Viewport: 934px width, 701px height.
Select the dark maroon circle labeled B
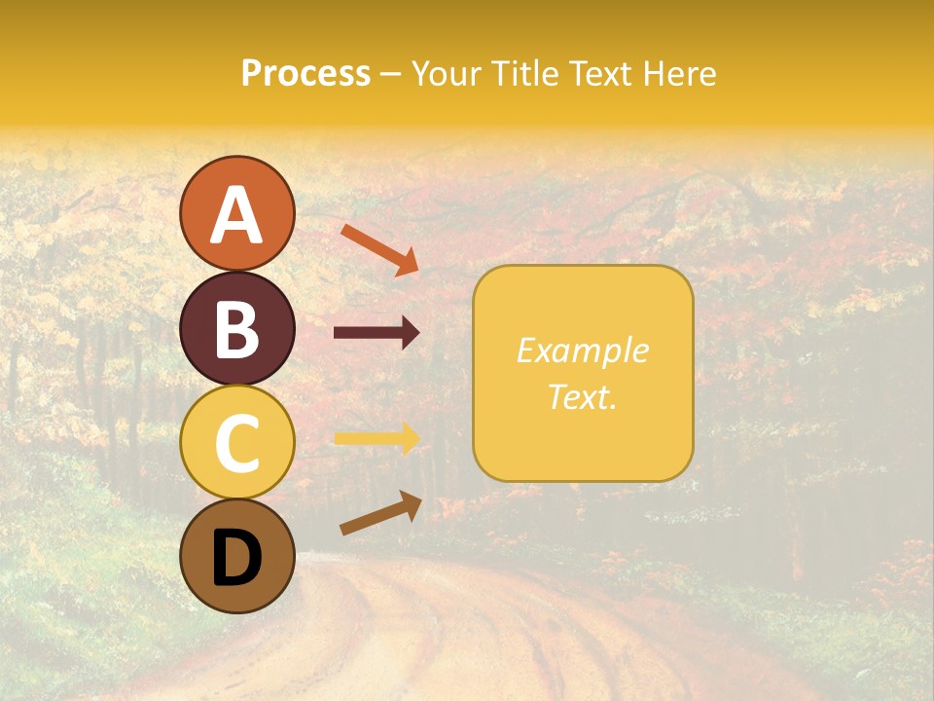[236, 328]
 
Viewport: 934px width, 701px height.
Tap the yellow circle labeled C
[236, 441]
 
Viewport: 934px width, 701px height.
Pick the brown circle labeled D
[236, 556]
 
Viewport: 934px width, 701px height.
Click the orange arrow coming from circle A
[380, 248]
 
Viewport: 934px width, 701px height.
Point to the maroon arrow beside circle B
[377, 333]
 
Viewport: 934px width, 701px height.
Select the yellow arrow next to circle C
[377, 439]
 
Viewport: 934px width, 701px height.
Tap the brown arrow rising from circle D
[380, 513]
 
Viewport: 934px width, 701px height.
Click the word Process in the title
[305, 74]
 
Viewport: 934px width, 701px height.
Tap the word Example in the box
[582, 350]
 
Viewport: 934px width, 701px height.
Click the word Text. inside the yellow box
[582, 396]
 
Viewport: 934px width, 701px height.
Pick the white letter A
[236, 215]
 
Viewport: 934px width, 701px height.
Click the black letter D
[236, 558]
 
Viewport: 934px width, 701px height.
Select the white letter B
[236, 329]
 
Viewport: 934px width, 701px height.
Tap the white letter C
[236, 442]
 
